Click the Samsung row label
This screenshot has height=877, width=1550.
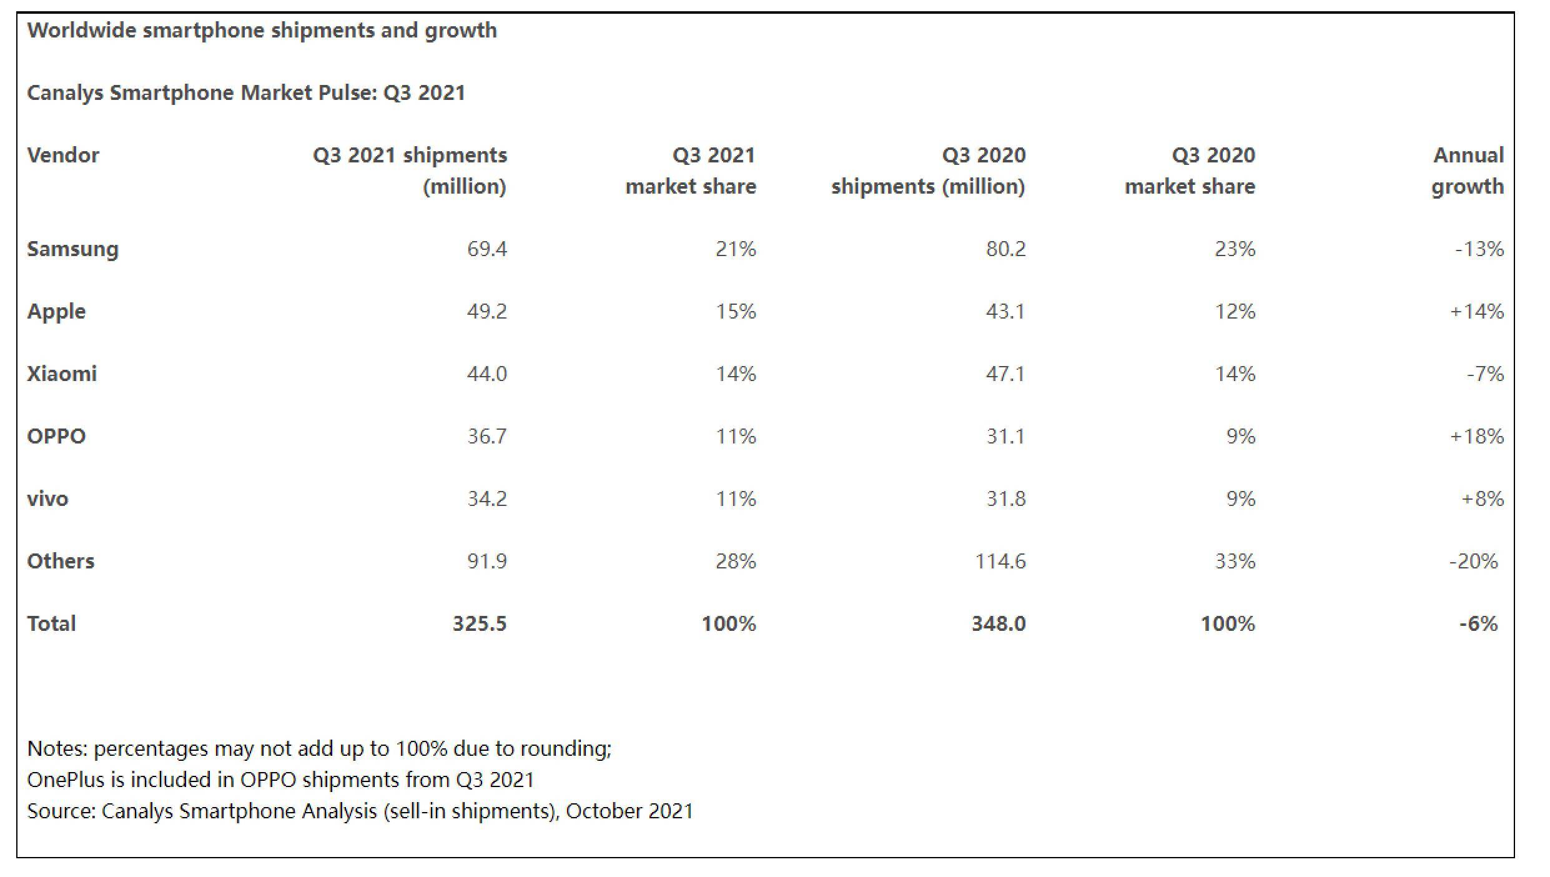[72, 249]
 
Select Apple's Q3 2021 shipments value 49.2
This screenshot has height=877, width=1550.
[486, 311]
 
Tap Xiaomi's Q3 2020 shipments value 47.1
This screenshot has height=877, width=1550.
[1005, 374]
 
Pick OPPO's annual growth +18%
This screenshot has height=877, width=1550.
[1476, 436]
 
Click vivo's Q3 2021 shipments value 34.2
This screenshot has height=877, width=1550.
[486, 498]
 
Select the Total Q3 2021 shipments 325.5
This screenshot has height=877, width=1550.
[479, 623]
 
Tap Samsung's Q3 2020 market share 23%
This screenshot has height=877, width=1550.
[1235, 249]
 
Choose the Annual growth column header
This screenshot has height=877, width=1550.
[1468, 171]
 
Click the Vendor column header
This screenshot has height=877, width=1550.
[63, 155]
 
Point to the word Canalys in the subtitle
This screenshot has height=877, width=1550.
[66, 93]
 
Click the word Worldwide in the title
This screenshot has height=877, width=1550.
[82, 30]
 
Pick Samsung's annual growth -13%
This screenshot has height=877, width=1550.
[1479, 249]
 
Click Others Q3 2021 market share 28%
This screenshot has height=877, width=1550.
[735, 561]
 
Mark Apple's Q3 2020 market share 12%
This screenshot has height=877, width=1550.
[1235, 311]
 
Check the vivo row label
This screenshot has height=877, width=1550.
[47, 498]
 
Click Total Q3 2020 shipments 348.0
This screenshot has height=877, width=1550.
[998, 623]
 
